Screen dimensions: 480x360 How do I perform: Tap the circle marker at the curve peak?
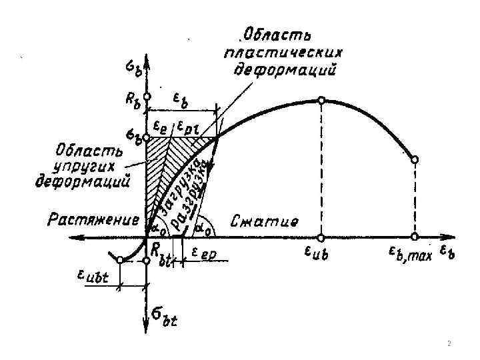321,100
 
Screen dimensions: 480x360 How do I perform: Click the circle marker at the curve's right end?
415,160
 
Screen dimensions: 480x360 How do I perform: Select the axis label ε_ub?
321,253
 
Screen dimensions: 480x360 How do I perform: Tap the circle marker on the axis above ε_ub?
321,237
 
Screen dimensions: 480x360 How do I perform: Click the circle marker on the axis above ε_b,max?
415,237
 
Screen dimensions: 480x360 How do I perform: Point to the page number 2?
449,344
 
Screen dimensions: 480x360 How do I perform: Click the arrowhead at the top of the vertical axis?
147,56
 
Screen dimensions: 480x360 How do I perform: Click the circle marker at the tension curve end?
119,261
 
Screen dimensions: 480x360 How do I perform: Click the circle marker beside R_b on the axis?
147,97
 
